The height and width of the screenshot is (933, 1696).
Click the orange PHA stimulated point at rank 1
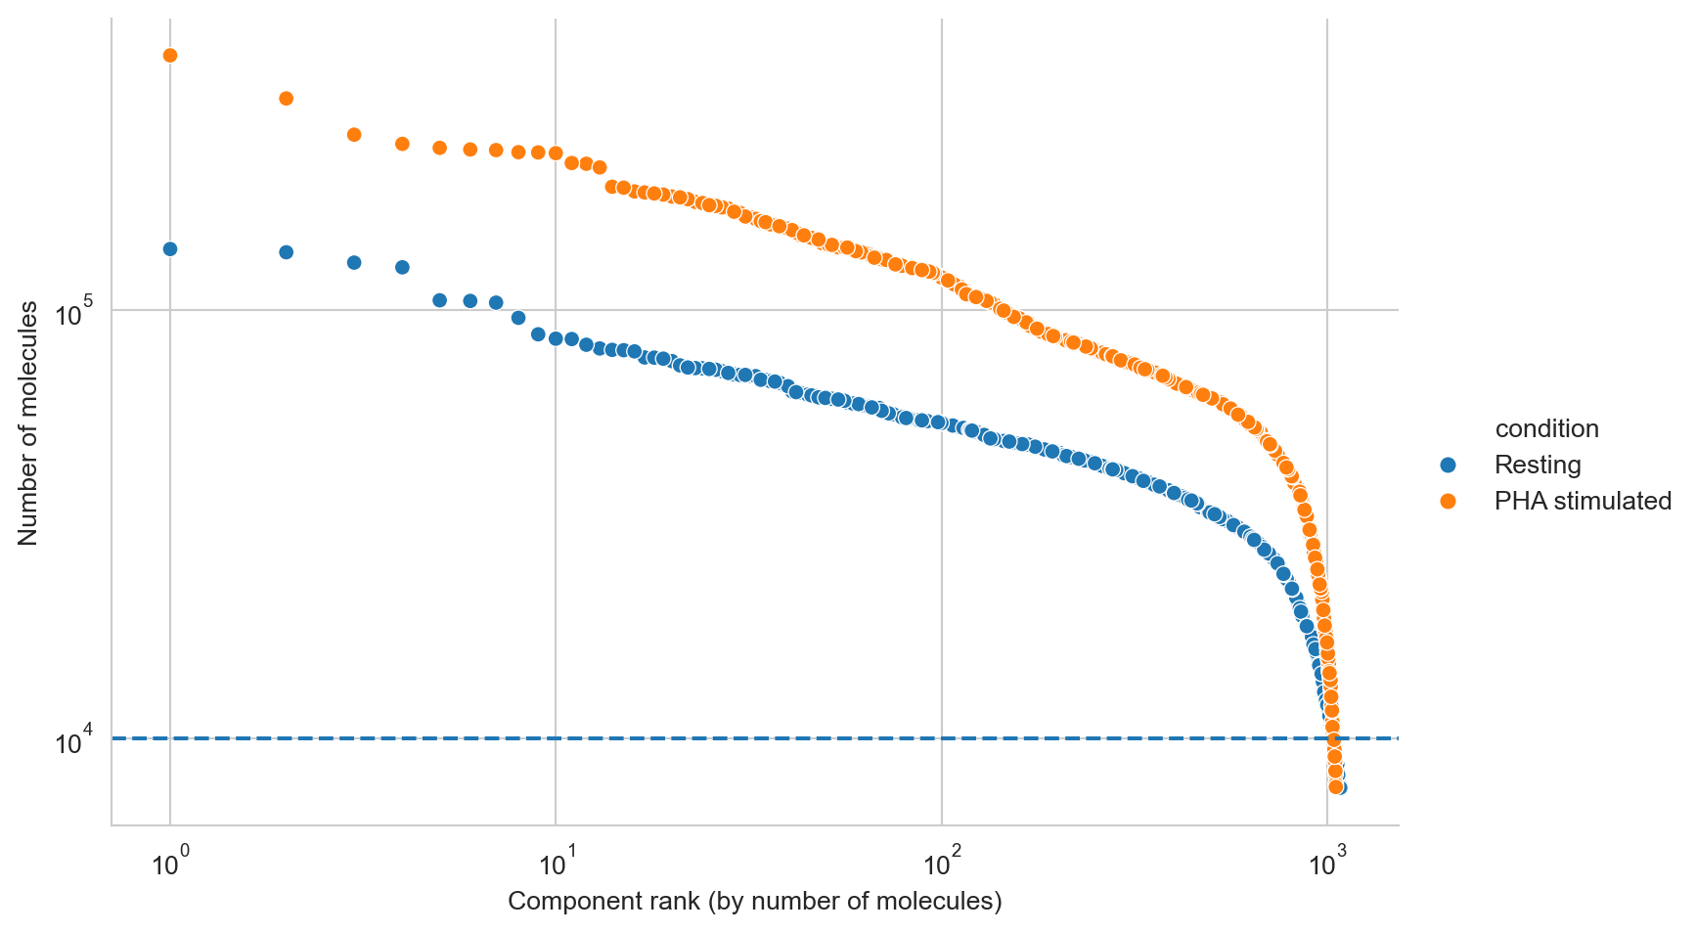(x=170, y=56)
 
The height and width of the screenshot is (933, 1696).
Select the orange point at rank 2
(x=287, y=99)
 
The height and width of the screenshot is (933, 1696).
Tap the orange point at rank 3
(x=354, y=135)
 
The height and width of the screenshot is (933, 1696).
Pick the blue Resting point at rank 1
(x=170, y=249)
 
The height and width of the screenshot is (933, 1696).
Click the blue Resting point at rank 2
(x=287, y=252)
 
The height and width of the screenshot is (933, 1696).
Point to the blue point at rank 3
(x=354, y=263)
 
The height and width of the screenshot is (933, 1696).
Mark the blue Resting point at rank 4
(x=402, y=268)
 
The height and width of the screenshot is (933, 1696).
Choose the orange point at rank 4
(x=402, y=145)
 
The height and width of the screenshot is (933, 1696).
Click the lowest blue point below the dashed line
(x=1340, y=788)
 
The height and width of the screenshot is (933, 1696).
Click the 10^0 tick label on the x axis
(x=169, y=865)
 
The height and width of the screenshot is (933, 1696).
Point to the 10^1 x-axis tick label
(x=555, y=865)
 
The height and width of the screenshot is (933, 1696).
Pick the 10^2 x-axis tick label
(x=940, y=865)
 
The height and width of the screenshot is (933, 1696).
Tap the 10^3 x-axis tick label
(x=1325, y=865)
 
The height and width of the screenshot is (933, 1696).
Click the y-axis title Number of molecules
(x=28, y=423)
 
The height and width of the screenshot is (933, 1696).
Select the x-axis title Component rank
(x=754, y=902)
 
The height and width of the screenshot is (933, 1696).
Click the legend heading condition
(x=1546, y=429)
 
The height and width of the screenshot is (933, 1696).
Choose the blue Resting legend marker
(x=1449, y=465)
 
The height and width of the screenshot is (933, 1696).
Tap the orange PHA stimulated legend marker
(x=1449, y=502)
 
